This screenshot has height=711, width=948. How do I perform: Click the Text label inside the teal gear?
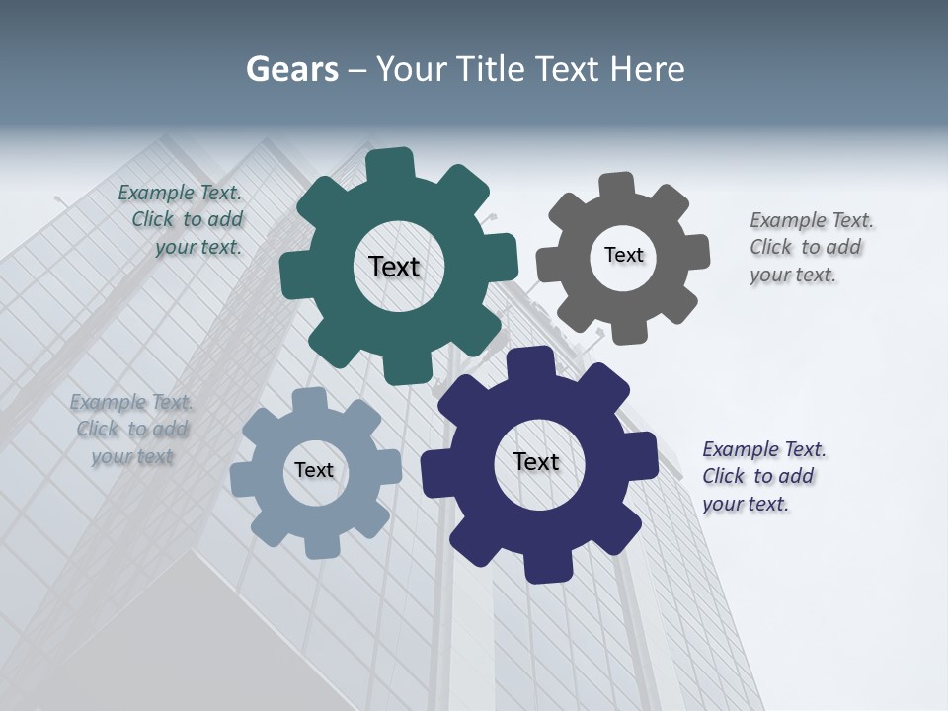394,267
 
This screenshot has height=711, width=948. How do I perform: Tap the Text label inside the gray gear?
623,255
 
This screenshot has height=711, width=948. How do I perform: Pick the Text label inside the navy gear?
536,461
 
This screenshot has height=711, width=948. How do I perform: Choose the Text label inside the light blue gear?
314,470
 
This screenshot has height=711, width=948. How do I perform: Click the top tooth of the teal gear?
389,164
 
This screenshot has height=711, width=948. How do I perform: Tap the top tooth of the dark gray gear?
617,186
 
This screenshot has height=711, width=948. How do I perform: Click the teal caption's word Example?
154,194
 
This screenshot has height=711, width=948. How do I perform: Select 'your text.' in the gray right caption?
793,276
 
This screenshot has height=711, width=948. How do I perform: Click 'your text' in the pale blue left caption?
132,456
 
